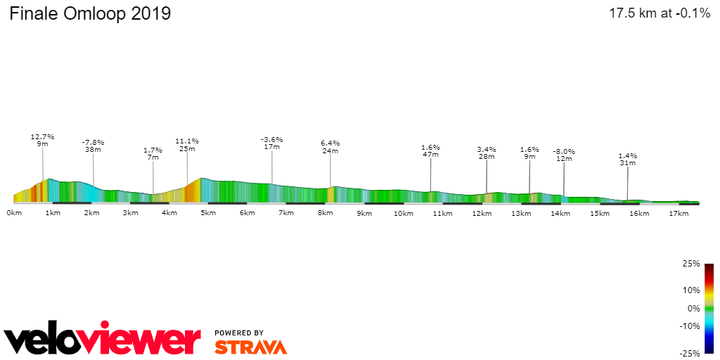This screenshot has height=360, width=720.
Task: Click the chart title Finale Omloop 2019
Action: (90, 13)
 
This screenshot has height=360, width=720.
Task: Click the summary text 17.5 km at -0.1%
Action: (660, 13)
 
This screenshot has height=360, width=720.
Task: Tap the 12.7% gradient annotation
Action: (42, 137)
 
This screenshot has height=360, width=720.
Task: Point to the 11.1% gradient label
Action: (187, 141)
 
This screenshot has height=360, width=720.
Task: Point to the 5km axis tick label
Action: (207, 212)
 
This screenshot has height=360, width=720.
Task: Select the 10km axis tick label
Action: (403, 212)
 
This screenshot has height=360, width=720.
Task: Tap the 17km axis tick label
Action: (678, 212)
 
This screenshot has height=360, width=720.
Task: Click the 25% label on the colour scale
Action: (692, 264)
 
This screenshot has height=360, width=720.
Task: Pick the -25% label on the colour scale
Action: (690, 353)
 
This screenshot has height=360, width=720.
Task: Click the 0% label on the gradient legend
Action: (693, 308)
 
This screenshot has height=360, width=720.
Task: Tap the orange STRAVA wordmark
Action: (250, 347)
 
